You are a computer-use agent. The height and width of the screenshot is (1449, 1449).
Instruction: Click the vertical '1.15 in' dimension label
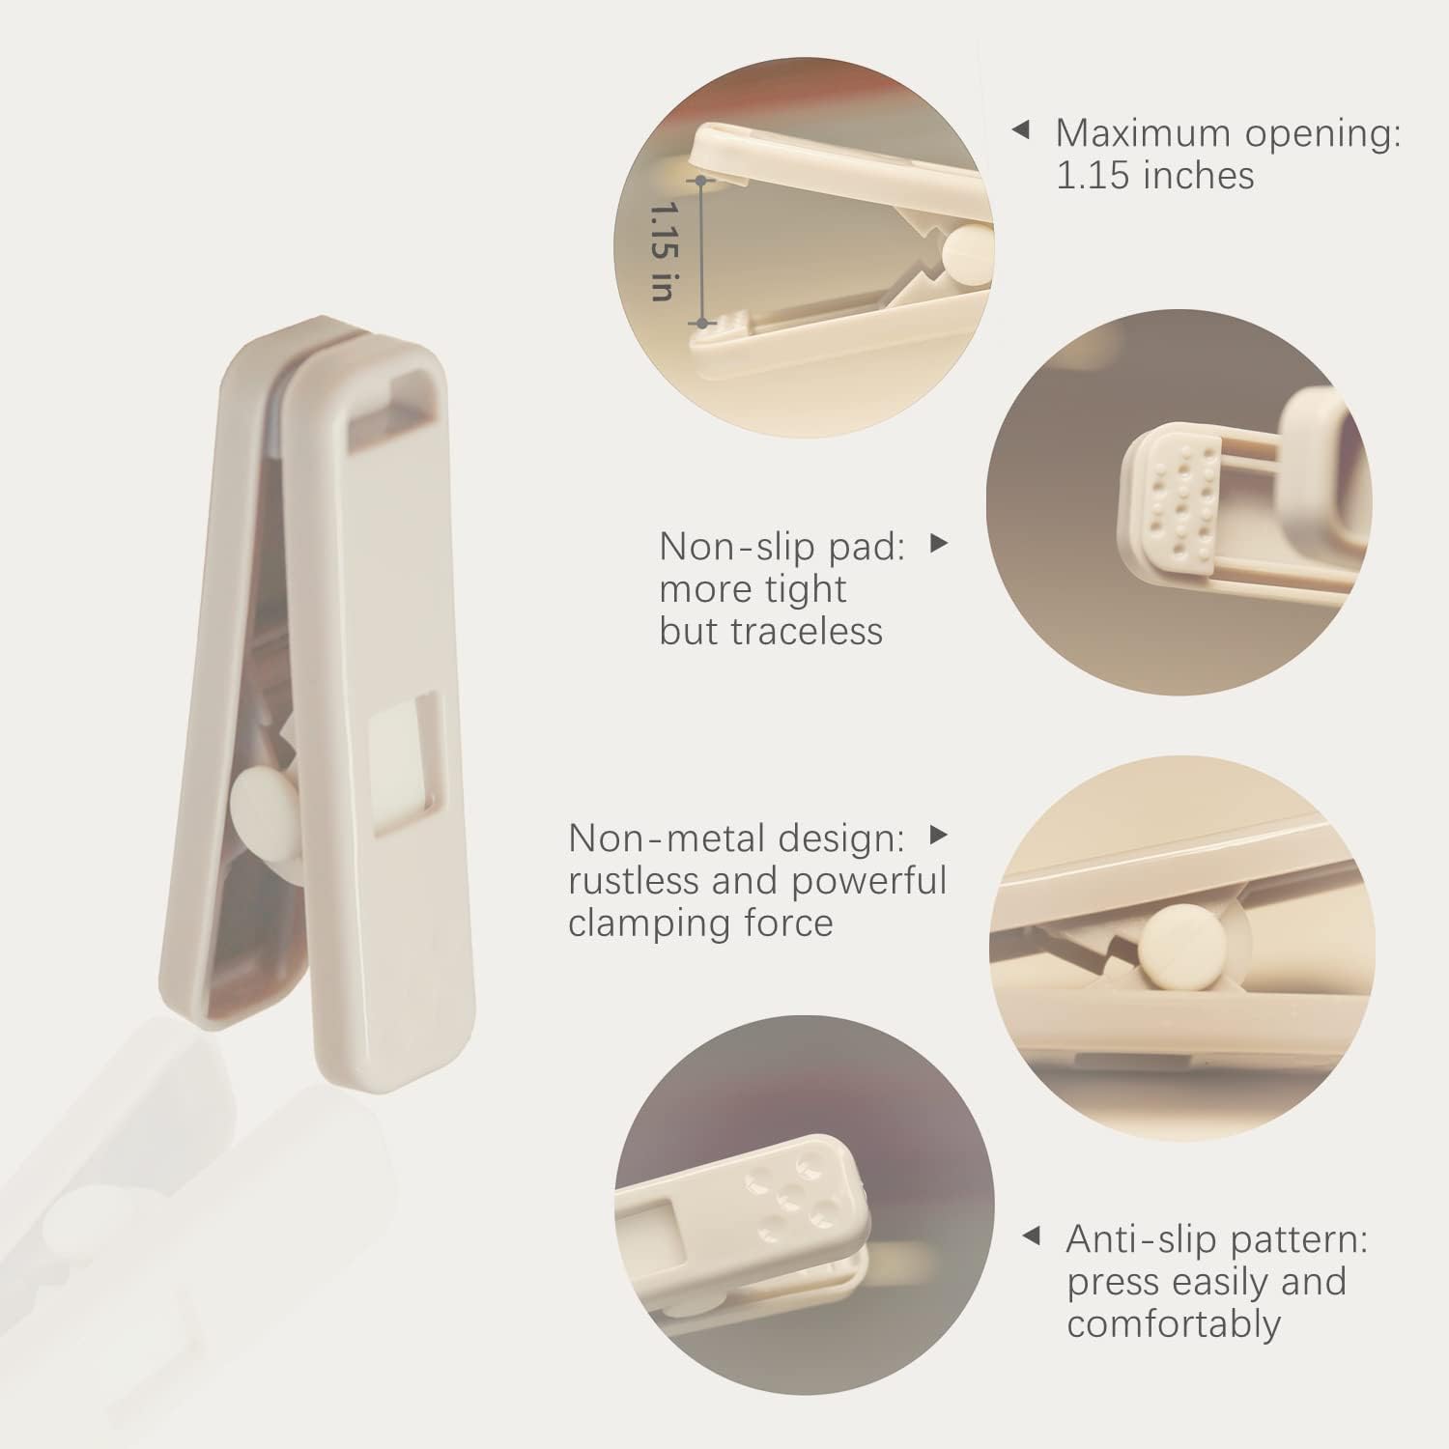(662, 251)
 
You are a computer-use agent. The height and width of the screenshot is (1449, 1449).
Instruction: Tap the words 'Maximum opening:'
(1228, 132)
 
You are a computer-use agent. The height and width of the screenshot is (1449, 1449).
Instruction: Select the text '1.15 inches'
(1154, 175)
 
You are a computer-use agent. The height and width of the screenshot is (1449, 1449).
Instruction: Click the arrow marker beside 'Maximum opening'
(1020, 129)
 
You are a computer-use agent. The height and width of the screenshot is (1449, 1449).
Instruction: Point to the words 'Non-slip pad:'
(782, 547)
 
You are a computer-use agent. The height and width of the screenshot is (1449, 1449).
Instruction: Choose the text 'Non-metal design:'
(736, 838)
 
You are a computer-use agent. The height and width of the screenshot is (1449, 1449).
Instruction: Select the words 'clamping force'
(700, 923)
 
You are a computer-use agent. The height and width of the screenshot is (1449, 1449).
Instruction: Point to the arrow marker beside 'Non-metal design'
(938, 834)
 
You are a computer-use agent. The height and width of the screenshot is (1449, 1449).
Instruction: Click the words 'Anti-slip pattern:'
(1217, 1238)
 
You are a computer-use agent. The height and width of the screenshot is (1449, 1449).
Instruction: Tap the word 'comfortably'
(1174, 1323)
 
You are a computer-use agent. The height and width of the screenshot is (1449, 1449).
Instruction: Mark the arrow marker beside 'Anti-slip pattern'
(1032, 1236)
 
